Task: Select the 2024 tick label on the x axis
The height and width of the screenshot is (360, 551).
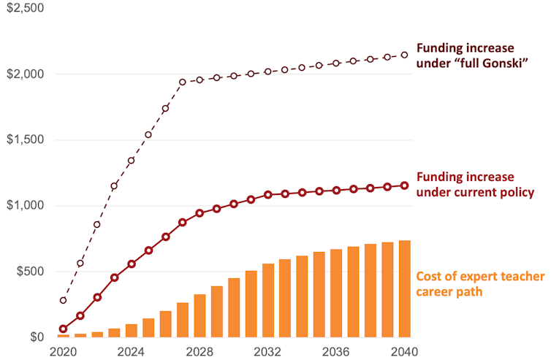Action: (131, 351)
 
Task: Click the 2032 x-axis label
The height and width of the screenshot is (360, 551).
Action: (267, 351)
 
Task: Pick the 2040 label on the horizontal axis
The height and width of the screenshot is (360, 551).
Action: (404, 351)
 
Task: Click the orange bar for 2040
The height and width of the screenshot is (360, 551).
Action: (404, 289)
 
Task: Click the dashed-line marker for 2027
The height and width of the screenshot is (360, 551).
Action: (183, 83)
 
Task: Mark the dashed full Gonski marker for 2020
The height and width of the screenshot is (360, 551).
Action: (63, 300)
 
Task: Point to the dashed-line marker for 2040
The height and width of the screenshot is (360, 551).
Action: (404, 55)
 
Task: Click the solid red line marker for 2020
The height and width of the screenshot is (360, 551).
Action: (63, 329)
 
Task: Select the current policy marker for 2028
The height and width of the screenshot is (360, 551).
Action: (199, 213)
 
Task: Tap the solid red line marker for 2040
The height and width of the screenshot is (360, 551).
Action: (404, 185)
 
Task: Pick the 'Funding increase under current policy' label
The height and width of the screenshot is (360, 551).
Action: (475, 185)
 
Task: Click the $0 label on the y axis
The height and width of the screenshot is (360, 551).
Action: (36, 337)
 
